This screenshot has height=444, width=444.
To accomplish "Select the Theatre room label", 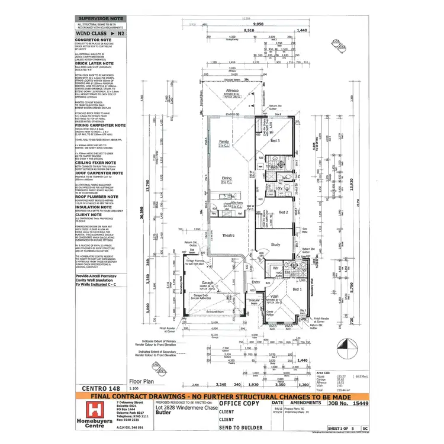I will [227, 235].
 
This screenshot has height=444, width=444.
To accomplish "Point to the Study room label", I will [275, 244].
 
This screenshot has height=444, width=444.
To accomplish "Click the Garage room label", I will [206, 283].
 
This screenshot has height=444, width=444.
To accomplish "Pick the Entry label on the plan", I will [256, 282].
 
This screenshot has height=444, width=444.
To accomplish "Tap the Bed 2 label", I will [283, 212].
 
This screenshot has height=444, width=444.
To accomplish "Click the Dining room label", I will [227, 178].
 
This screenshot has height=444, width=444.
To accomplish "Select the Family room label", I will [224, 142].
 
